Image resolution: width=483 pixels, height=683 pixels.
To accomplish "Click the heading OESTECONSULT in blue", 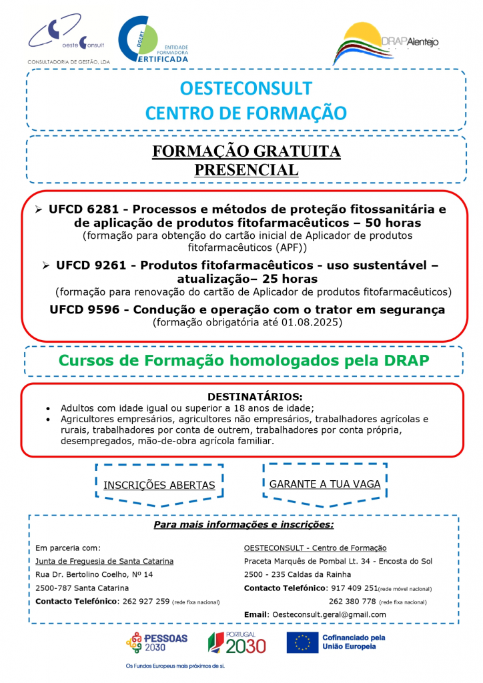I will coord(246,89).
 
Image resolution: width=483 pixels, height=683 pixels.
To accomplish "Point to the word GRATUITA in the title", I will coord(293,152).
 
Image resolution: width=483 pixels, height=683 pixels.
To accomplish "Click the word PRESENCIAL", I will coord(246,169).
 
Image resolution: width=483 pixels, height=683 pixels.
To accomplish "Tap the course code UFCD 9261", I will coord(93,265).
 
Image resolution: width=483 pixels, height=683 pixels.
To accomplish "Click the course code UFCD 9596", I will coord(86,309).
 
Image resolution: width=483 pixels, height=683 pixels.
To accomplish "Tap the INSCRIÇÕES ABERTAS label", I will coord(159,485).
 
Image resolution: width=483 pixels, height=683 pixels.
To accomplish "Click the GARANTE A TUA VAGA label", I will coord(325,484).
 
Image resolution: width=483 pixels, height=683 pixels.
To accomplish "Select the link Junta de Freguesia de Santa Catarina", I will coord(104,561).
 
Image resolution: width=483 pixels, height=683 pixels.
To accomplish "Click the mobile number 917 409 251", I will coord(354,588).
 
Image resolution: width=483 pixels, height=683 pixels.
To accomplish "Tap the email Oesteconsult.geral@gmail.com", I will coord(328,614).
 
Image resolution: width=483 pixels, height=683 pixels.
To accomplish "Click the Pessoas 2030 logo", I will coord(157,642).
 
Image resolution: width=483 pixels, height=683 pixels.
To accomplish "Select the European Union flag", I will coord(302,642).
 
